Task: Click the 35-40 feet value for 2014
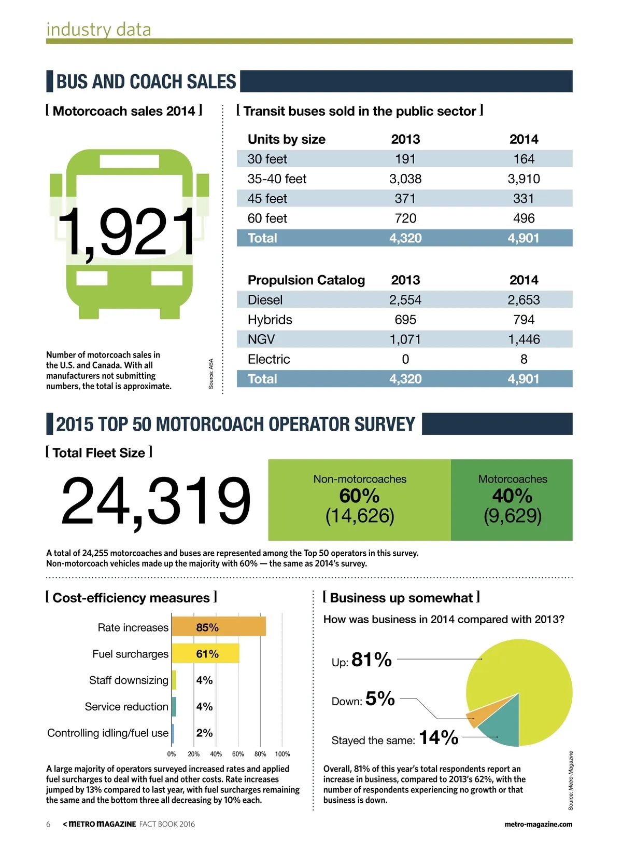pos(524,179)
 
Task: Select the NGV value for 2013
pos(405,339)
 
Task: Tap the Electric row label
pos(268,359)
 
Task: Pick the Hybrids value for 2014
pos(524,320)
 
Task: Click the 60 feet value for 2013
pos(405,218)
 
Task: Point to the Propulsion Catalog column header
pos(306,280)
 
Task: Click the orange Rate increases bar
pos(218,627)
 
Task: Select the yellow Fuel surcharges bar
pos(205,653)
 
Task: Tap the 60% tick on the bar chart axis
pos(238,754)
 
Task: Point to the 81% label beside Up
pos(371,660)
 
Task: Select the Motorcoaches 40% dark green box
pos(512,500)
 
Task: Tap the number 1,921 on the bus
pos(127,232)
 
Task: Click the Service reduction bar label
pos(126,707)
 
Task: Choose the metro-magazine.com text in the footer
pos(538,824)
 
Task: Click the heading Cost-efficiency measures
pos(131,598)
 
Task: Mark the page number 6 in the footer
pos(48,824)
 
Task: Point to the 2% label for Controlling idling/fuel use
pos(204,733)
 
